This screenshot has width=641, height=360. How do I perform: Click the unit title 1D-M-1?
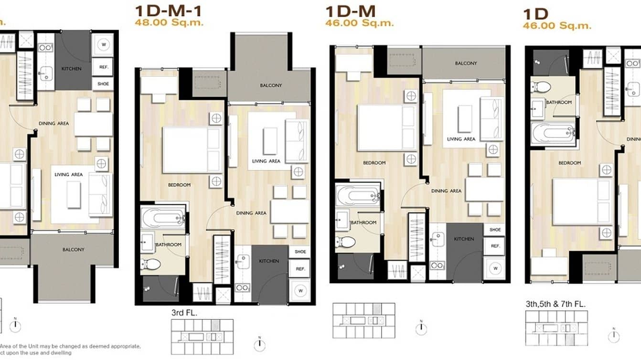coord(168,10)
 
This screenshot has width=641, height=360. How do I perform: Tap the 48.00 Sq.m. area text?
coord(169,22)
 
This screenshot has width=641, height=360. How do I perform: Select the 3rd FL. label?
coord(184,313)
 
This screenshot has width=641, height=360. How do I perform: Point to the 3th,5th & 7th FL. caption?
coord(555,304)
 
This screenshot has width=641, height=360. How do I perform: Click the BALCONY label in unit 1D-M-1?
coord(271,85)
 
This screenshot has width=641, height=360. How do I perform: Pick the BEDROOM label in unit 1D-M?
coord(374,163)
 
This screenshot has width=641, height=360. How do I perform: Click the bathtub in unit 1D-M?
coord(358,194)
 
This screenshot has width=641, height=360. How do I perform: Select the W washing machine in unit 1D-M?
coord(495,269)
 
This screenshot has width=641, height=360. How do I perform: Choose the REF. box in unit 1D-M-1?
coord(300,269)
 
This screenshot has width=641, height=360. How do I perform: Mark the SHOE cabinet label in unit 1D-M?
coord(495,230)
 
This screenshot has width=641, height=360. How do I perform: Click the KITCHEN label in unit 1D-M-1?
coord(269,261)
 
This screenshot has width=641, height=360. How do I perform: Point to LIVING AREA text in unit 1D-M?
coord(461,139)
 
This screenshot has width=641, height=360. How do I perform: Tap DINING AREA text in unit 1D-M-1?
coord(251,213)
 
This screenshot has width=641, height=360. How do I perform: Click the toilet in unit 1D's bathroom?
coord(541,87)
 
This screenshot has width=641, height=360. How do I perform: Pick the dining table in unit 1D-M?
coord(484,189)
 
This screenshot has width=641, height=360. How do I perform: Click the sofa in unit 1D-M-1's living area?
coord(296,140)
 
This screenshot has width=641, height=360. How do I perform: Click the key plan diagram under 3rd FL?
coord(202,336)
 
